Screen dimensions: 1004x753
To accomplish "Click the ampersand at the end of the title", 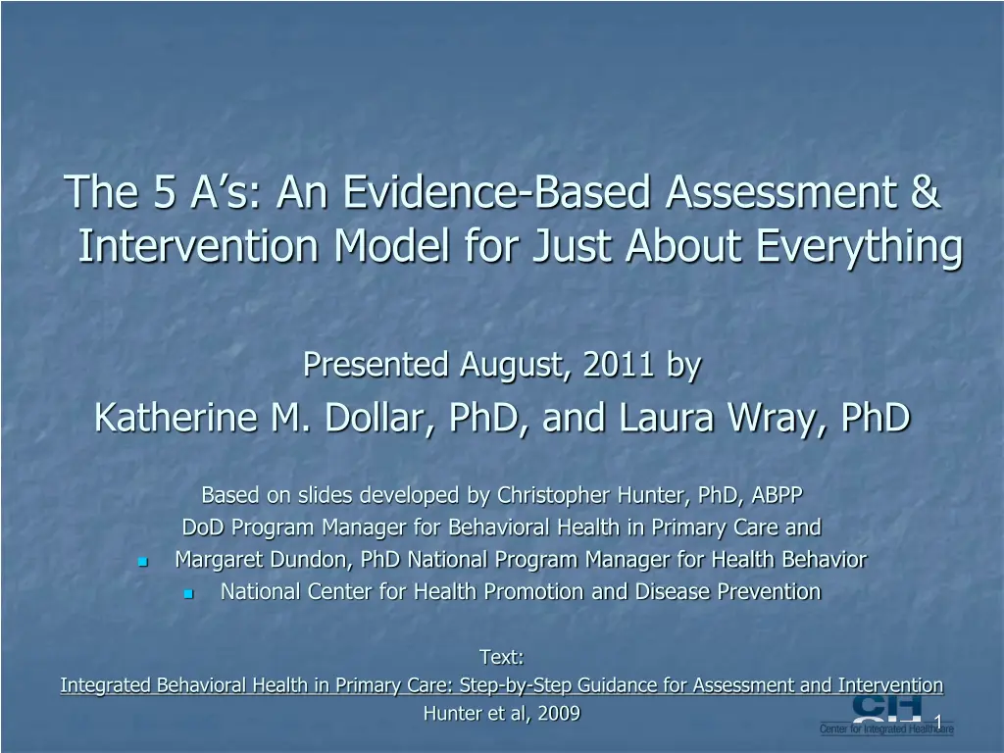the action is pos(926,191).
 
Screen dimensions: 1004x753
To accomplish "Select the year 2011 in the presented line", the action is pos(618,365).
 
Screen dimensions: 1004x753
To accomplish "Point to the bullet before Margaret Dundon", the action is pos(143,562).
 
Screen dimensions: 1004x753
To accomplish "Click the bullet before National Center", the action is pos(188,594).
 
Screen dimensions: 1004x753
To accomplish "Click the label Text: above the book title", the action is pos(502,657).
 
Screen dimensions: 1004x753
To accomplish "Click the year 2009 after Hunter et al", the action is pos(559,714).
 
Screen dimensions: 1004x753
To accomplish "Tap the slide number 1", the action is pos(938,723).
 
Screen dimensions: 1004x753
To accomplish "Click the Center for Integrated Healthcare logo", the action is pos(886,715).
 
